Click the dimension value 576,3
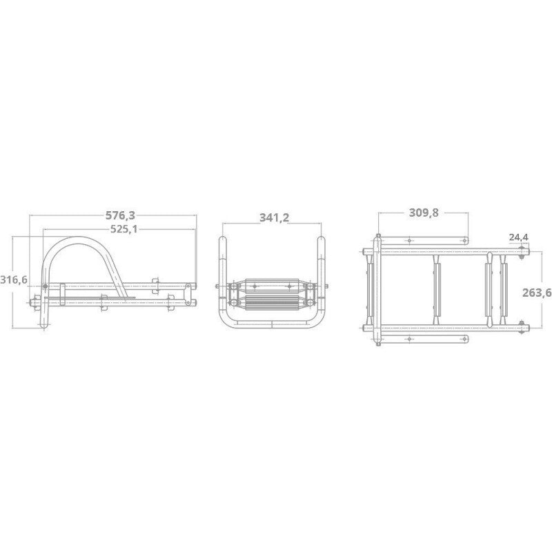coord(120,215)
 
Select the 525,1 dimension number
coord(124,229)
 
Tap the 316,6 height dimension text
coord(13,280)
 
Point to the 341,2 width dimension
coord(274,217)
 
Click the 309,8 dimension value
coord(424,213)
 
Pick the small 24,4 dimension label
coord(519,237)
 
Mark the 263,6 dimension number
coord(537,293)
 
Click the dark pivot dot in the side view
coord(45,286)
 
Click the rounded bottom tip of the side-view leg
coord(43,326)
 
